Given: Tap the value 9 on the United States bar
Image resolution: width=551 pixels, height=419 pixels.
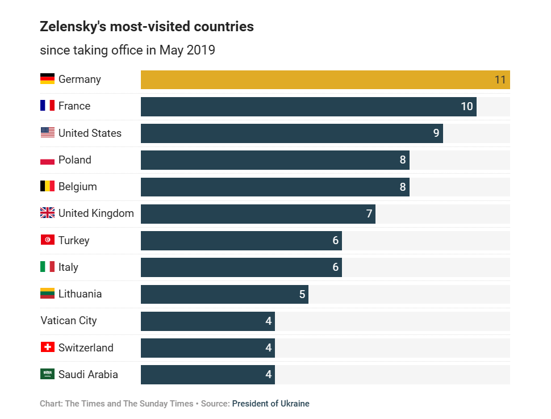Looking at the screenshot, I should click(436, 133).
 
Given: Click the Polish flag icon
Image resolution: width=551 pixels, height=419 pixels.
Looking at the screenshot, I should click(47, 160).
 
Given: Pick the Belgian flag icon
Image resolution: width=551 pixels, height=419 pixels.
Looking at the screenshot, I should click(47, 186).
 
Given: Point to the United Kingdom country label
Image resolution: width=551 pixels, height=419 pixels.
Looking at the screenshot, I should click(96, 213).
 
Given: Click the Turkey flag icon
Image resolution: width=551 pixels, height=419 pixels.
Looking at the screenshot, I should click(47, 240).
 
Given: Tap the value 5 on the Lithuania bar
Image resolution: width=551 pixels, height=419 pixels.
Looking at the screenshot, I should click(302, 294).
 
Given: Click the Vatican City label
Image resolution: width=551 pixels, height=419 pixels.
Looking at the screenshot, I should click(69, 321).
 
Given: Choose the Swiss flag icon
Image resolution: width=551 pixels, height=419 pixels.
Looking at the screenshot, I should click(47, 347).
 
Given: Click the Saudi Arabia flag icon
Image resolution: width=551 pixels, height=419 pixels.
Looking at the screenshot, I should click(47, 374).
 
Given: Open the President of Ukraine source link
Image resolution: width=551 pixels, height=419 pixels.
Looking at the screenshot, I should click(270, 404).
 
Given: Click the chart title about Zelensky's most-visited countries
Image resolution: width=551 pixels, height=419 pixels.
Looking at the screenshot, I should click(147, 27).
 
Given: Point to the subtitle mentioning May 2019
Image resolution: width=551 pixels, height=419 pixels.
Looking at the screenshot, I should click(127, 50).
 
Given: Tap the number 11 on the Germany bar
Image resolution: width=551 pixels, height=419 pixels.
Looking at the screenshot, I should click(500, 79).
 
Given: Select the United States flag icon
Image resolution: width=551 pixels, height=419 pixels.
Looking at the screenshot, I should click(47, 133).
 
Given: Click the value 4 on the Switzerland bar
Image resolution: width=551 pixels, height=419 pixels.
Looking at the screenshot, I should click(269, 348).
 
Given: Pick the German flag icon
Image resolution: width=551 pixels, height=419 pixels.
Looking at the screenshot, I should click(47, 79).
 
